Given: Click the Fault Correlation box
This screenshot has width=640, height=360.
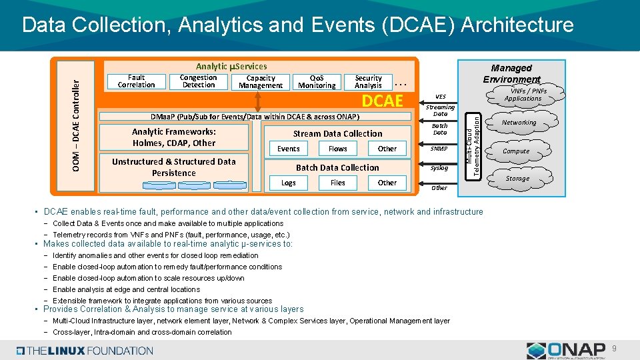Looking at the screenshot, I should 136,81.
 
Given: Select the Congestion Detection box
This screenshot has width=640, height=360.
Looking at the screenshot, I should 199,81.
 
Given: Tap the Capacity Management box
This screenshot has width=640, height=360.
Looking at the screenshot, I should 261,82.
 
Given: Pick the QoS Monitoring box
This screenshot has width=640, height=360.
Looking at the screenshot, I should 317,82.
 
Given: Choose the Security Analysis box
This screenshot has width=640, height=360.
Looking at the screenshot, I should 368,82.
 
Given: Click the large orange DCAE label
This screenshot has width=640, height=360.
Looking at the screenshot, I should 382,101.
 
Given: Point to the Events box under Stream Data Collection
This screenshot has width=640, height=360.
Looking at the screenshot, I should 289,149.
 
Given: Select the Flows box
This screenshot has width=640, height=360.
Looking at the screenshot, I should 338,149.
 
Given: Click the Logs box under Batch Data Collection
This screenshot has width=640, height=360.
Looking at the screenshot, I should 289,183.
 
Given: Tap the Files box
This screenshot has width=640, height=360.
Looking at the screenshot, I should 338,183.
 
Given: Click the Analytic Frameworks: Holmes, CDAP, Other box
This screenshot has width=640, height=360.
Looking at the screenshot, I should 173,137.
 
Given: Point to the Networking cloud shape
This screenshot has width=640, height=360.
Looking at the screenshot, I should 519,123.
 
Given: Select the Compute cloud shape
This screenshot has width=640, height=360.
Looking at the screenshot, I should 516,151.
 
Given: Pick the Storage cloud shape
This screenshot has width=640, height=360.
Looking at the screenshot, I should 517,178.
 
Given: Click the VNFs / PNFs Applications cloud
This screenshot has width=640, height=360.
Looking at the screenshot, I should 523,95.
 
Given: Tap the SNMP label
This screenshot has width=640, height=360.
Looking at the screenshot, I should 439,149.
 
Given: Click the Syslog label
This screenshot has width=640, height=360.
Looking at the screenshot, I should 439,168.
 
